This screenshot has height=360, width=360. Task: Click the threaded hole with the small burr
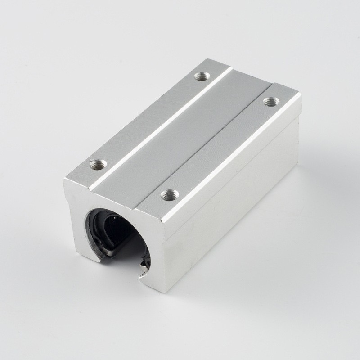pos(98,165)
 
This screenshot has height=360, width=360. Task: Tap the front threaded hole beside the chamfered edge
pos(170,194)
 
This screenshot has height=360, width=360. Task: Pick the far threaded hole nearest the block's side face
pos(270,102)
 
